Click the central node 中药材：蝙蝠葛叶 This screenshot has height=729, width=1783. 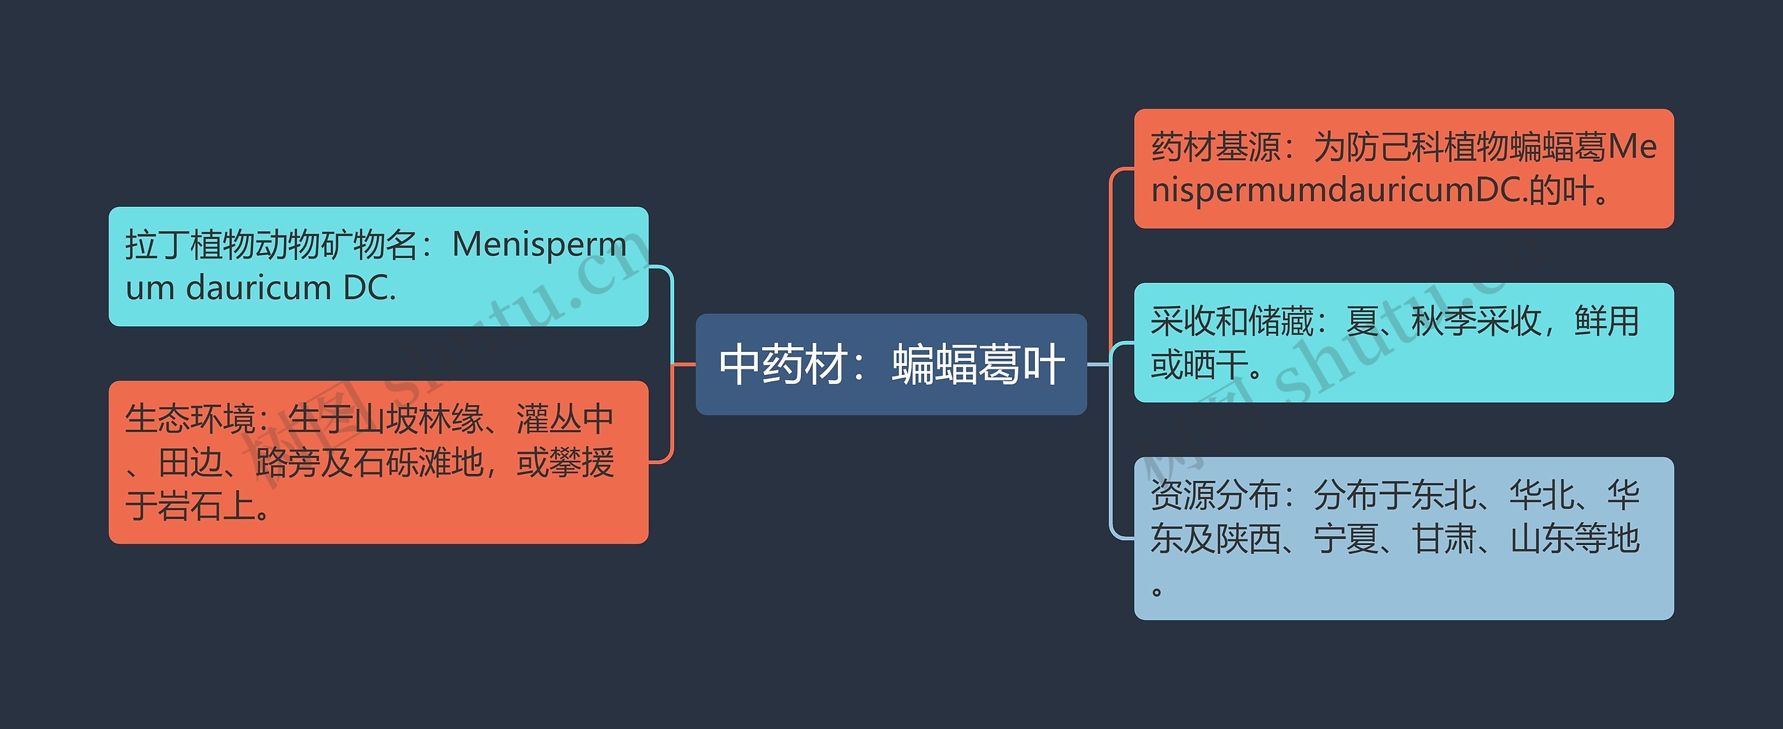pyautogui.click(x=891, y=364)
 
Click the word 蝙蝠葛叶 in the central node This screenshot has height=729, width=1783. pyautogui.click(x=978, y=364)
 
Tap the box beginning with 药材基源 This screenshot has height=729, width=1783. pyautogui.click(x=1403, y=168)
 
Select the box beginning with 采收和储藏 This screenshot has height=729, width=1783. pyautogui.click(x=1403, y=342)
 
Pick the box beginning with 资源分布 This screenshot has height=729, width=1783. pyautogui.click(x=1403, y=538)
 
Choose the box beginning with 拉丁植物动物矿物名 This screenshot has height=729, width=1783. pyautogui.click(x=378, y=266)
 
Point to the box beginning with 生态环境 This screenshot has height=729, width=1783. pyautogui.click(x=378, y=462)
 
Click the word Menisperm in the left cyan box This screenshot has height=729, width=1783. pyautogui.click(x=540, y=245)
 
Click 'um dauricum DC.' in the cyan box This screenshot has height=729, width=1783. pyautogui.click(x=260, y=288)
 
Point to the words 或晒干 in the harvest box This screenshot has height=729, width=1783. pyautogui.click(x=1199, y=364)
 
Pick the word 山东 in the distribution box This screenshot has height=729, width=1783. pyautogui.click(x=1542, y=539)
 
